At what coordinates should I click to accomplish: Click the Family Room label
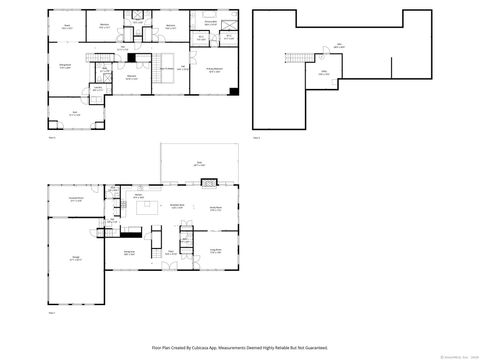pos(215,207)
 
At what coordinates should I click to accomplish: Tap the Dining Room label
pos(129,254)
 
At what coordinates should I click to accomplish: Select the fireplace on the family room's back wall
pos(208,183)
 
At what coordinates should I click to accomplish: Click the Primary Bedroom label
pos(214,68)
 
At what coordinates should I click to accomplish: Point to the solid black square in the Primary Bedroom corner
pos(233,92)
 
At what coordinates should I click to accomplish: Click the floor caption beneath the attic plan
pos(256,137)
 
